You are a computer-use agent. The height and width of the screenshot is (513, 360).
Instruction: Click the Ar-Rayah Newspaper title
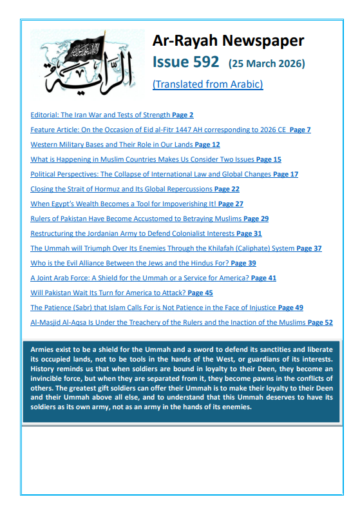click(228, 41)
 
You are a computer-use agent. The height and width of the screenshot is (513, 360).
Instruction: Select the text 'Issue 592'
click(187, 62)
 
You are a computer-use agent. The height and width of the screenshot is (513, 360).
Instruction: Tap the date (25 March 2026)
click(267, 63)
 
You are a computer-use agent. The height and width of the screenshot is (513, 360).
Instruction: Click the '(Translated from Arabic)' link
click(207, 84)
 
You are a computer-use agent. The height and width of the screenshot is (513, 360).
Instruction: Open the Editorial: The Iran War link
click(100, 115)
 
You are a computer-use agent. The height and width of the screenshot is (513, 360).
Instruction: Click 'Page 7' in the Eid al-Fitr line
click(300, 130)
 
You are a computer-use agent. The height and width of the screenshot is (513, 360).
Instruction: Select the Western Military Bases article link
click(112, 144)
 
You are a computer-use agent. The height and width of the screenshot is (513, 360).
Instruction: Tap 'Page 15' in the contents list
click(269, 159)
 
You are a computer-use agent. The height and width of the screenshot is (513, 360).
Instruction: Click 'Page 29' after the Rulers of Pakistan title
click(256, 218)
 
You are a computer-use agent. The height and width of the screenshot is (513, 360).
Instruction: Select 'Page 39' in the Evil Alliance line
click(243, 263)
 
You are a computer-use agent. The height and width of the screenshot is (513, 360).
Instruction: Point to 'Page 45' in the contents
click(200, 293)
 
